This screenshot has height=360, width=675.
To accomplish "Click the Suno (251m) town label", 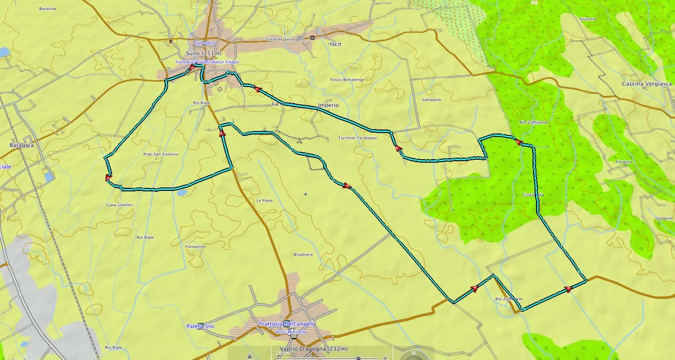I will point(203,53).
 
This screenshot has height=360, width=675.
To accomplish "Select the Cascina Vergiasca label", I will point(646,84).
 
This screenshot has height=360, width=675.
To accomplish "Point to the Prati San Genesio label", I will point(160,154).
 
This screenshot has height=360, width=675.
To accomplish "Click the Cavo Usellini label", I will point(120,205).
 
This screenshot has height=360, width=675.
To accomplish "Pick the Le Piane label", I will point(265,200).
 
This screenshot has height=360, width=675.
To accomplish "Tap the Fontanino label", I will point(195,246).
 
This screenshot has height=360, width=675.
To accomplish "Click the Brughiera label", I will point(303,255).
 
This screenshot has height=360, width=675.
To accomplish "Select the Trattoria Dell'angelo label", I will point(287,324).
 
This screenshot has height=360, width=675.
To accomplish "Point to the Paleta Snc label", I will point(200,326).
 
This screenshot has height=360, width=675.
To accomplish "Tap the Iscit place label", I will point(335,44).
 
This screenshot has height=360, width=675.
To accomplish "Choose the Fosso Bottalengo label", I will point(347,80).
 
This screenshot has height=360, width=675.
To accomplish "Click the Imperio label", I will point(328,105).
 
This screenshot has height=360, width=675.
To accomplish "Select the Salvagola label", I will point(431,99).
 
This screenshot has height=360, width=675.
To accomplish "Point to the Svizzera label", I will point(587,19).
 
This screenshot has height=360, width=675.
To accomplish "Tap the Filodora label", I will point(624,162).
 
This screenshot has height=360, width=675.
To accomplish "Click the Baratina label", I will point(47,9).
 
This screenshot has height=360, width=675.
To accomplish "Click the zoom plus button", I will point(385,358).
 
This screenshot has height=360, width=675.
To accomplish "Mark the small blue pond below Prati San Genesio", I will point(180,193).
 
